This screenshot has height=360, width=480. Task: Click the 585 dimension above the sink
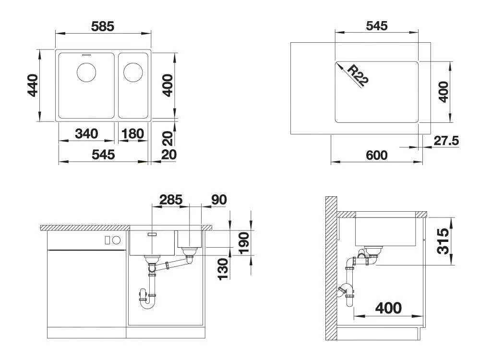coord(103,26)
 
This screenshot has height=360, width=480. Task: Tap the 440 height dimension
coord(33,85)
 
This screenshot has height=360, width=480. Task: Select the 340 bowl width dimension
coord(86,134)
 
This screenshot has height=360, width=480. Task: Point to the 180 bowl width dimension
coord(132,134)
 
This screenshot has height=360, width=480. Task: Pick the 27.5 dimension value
coord(446,141)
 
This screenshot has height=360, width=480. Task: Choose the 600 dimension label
coord(376,155)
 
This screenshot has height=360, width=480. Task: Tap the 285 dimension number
coord(171,200)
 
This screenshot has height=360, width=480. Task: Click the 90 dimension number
coord(219,200)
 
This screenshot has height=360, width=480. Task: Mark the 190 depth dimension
coord(244,243)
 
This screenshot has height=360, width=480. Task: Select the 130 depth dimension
coord(223,269)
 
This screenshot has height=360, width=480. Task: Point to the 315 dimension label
coord(443,241)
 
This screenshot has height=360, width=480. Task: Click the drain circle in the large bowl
coord(86,72)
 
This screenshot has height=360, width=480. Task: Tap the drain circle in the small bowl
coord(133,72)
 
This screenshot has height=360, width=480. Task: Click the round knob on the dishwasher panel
coord(116,240)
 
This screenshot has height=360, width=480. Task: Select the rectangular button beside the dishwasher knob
coord(108,240)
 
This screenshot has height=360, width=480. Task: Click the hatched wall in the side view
coord(331,268)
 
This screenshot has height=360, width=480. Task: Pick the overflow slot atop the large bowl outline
coord(86,55)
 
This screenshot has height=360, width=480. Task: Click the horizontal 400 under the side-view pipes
coord(388,308)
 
